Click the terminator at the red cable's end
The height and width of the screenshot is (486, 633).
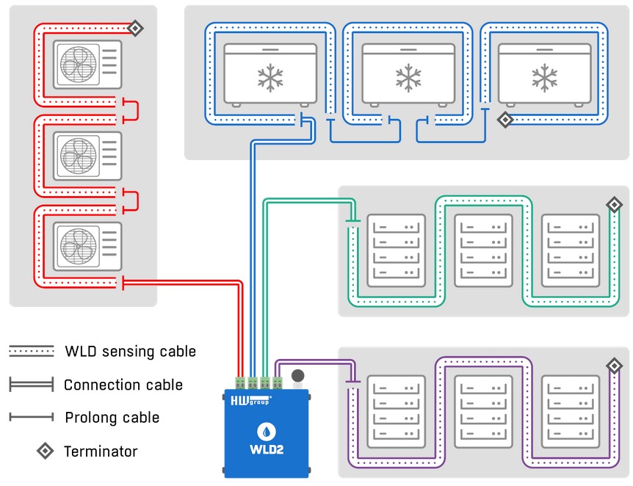click(135, 28)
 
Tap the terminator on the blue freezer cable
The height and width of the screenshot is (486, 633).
click(505, 120)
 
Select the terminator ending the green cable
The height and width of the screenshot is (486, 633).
click(614, 205)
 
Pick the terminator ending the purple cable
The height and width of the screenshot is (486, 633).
click(614, 366)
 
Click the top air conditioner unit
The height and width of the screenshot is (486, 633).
click(87, 64)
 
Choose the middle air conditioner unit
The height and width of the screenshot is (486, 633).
click(87, 156)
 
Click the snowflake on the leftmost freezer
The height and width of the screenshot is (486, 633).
click(270, 78)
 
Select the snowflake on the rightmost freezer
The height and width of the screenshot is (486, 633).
click(544, 78)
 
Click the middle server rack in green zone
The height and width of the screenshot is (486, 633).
click(483, 250)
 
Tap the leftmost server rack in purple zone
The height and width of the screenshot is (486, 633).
click(397, 412)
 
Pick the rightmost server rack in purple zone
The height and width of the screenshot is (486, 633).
click(570, 412)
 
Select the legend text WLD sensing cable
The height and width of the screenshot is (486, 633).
click(130, 352)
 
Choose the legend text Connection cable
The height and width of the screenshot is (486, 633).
click(123, 385)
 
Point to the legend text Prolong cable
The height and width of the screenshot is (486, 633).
click(112, 418)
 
